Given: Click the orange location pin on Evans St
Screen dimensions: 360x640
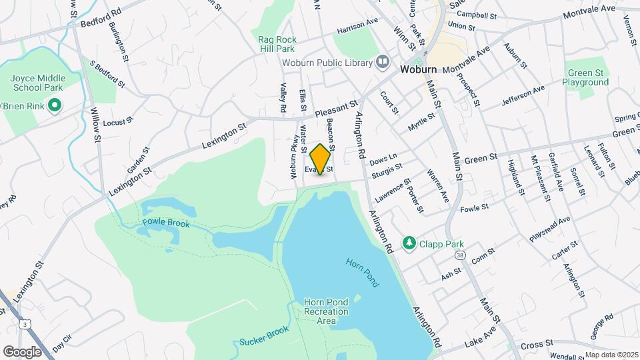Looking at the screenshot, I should [x=321, y=159].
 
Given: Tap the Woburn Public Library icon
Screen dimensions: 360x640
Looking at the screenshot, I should [x=383, y=63].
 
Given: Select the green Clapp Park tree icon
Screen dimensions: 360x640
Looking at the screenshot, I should [x=409, y=244].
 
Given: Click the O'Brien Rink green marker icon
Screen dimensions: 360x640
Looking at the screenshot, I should [x=55, y=105].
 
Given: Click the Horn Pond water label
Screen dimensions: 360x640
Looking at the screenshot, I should [x=362, y=272].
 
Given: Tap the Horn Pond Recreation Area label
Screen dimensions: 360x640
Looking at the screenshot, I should [x=326, y=311].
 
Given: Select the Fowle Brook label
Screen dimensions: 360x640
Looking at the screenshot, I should [x=166, y=223].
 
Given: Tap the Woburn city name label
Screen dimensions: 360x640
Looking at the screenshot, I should [x=418, y=69].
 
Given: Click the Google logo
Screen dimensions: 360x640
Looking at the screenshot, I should [x=23, y=351].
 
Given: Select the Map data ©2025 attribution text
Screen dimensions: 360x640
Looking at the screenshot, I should [x=611, y=355].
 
